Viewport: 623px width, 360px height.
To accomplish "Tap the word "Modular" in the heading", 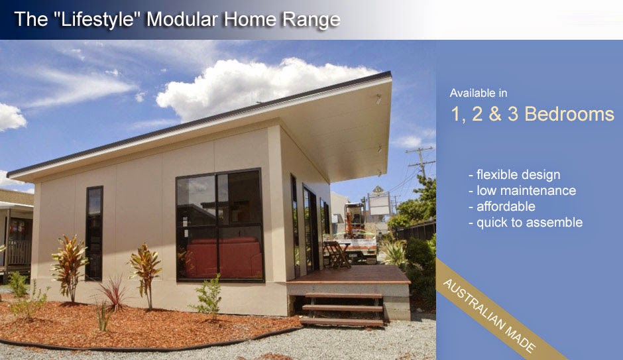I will click(x=181, y=19).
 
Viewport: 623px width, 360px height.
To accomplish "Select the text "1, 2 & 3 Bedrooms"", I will click(x=532, y=114).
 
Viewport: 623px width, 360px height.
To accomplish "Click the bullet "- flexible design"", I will click(x=514, y=175).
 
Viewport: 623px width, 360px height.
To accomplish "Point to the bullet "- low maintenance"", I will click(x=522, y=191).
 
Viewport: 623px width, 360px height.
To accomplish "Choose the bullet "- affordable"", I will click(x=502, y=207).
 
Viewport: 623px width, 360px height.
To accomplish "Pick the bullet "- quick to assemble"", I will click(x=525, y=223).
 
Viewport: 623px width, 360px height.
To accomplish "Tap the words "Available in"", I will click(x=478, y=93).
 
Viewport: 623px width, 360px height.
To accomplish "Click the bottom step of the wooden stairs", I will click(x=342, y=322).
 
